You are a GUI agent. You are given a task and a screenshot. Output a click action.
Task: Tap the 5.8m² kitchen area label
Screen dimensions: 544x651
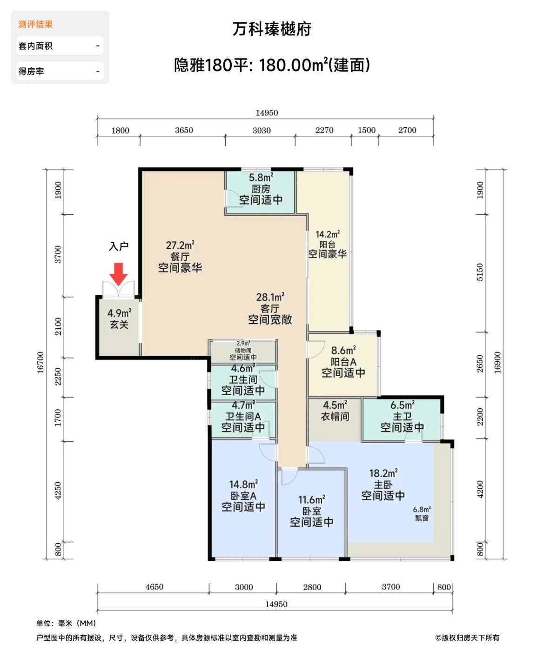[261, 178]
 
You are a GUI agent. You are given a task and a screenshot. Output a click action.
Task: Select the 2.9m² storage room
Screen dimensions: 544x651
[243, 352]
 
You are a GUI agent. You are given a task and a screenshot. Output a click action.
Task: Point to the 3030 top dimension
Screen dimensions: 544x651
[262, 130]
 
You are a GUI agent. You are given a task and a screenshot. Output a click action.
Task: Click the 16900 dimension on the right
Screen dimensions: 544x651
[497, 363]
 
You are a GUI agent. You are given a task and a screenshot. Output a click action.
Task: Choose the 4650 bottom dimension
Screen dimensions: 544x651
[154, 587]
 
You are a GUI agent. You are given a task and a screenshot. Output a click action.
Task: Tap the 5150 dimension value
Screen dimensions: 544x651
[480, 272]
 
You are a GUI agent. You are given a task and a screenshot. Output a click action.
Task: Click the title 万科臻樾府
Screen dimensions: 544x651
[272, 29]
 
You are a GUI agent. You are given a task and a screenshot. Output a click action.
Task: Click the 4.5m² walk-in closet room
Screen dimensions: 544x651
[335, 419]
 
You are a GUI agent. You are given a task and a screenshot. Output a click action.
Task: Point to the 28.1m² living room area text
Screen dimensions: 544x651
[270, 297]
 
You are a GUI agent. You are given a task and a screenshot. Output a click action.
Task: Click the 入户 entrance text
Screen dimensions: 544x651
[119, 246]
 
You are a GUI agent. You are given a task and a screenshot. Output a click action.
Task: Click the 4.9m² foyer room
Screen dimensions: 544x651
[119, 327]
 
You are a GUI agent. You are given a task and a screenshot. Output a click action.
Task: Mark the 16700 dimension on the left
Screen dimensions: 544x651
[40, 363]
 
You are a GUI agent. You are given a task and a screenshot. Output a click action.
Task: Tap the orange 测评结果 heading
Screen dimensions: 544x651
[35, 24]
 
